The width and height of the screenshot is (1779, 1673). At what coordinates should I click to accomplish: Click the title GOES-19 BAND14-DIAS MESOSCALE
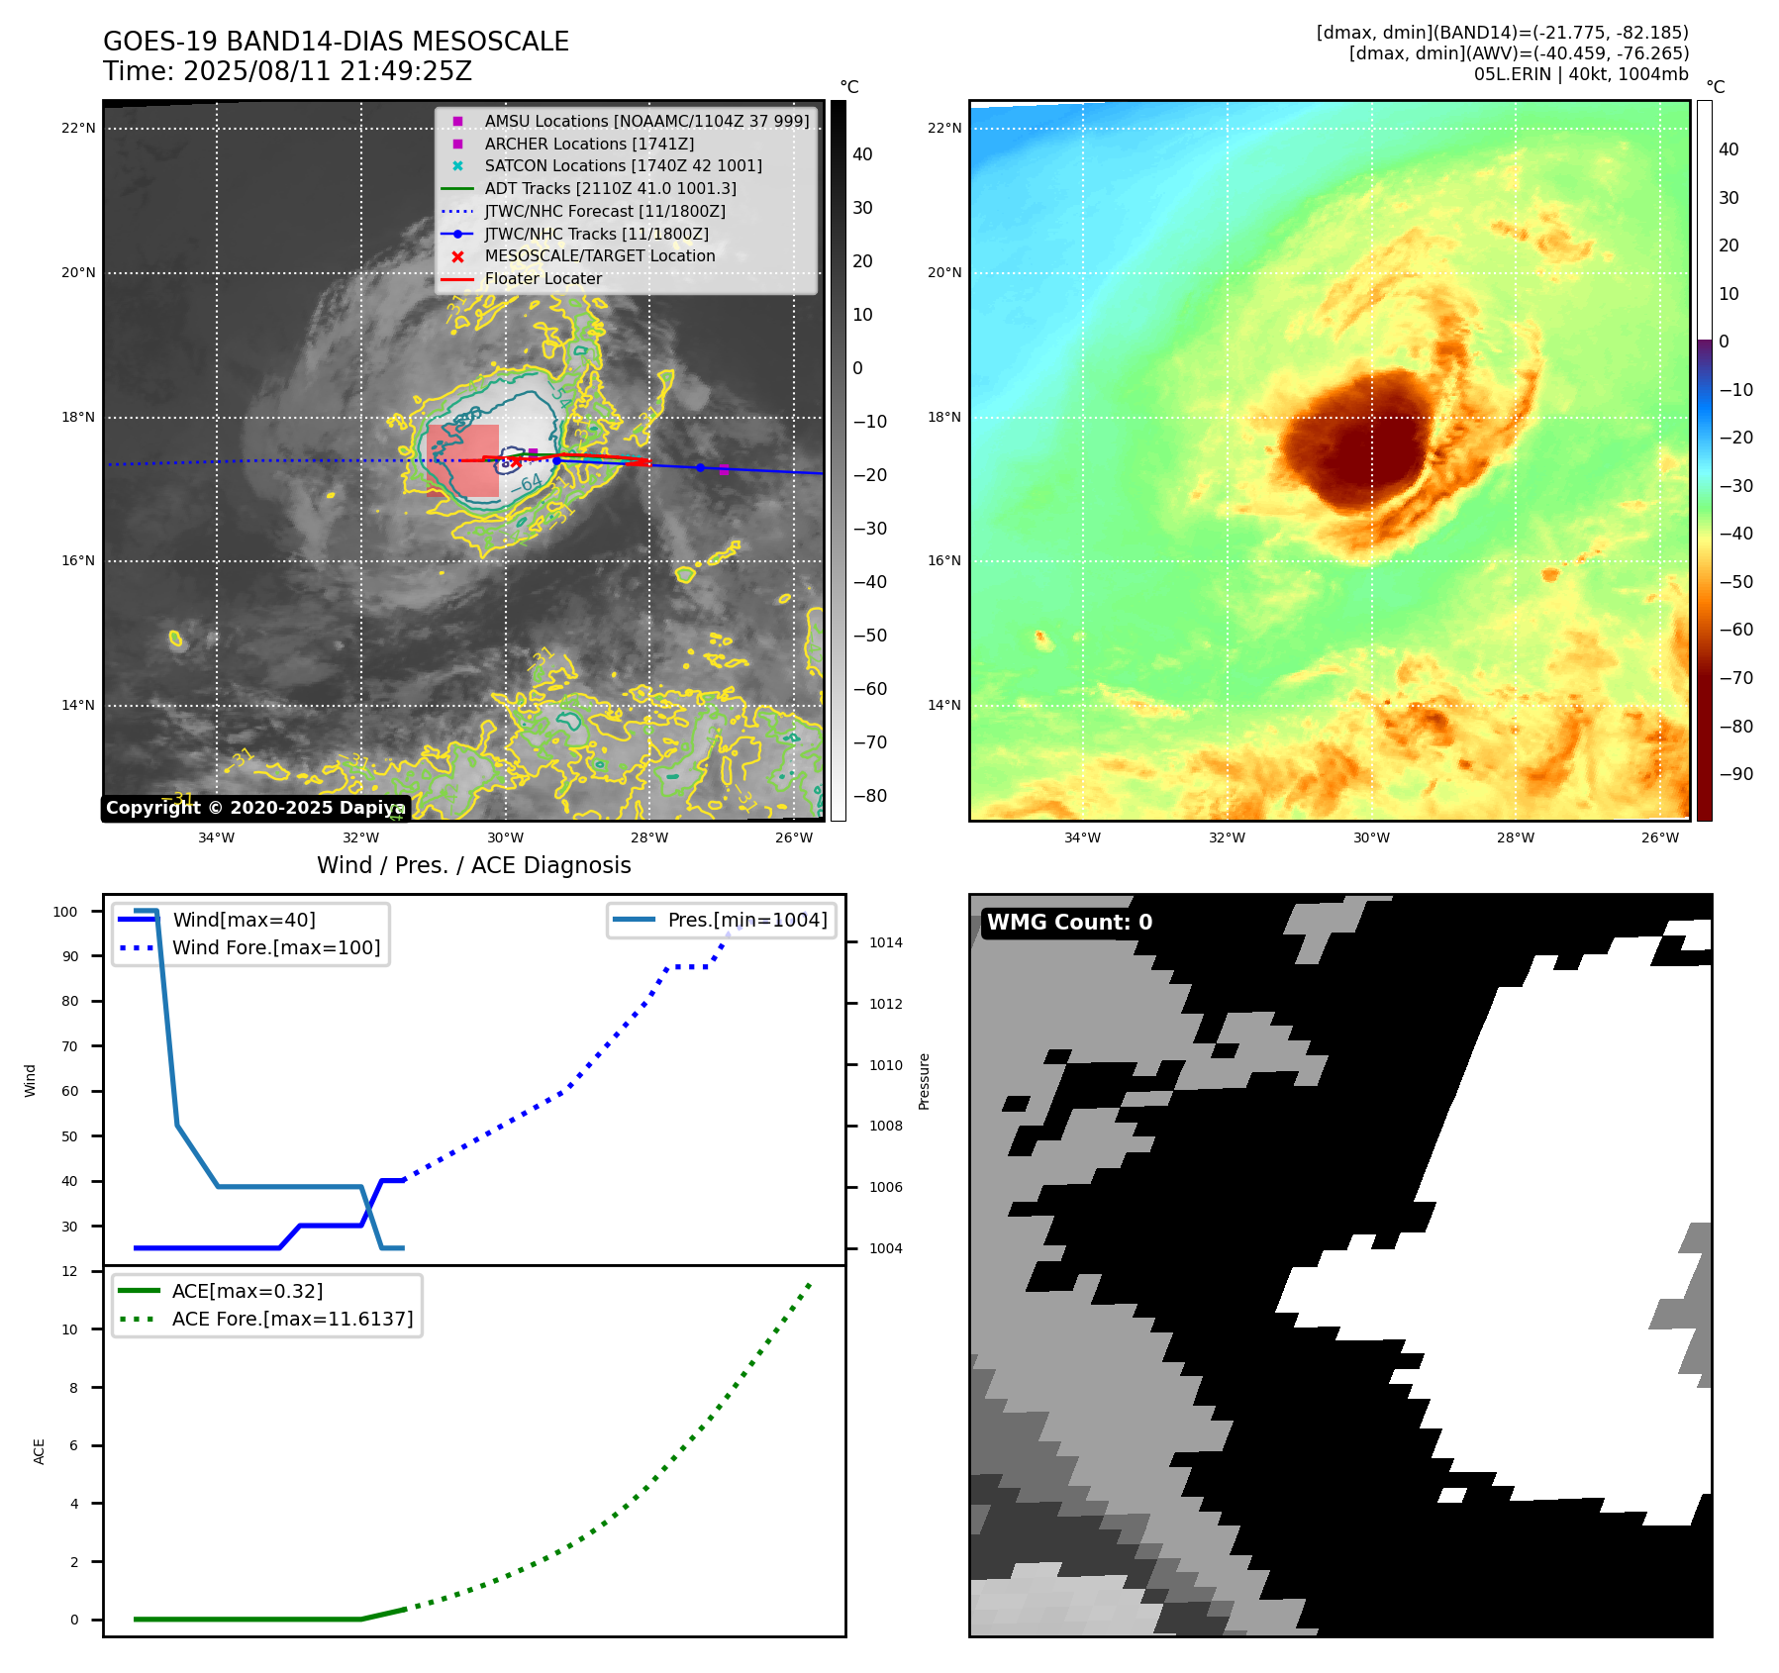(336, 42)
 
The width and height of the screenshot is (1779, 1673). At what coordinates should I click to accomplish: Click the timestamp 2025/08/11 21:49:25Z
(327, 72)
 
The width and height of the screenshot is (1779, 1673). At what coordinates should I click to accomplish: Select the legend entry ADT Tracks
(610, 188)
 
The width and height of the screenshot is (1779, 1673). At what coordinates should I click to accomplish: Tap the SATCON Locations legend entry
(623, 165)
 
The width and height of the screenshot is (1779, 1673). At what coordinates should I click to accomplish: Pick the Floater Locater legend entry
(543, 279)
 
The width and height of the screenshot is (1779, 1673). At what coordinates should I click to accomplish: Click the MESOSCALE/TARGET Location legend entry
(599, 256)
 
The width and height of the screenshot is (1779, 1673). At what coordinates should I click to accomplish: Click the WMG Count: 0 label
(1069, 923)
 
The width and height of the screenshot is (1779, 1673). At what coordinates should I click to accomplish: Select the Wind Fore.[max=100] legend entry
(276, 947)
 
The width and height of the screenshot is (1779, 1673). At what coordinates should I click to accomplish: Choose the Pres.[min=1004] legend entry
(746, 920)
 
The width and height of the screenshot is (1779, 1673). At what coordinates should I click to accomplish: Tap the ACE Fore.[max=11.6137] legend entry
(292, 1319)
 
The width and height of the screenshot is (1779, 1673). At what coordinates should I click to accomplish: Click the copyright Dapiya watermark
(255, 808)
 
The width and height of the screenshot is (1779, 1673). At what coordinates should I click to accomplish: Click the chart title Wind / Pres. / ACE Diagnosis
(473, 865)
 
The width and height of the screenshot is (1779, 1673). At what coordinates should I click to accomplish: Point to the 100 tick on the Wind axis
(65, 912)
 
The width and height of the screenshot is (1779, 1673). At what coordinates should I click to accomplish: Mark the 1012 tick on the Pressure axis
(886, 1004)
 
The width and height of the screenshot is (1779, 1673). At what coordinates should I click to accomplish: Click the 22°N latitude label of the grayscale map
(78, 129)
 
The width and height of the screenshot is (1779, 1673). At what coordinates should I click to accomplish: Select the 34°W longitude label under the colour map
(1082, 837)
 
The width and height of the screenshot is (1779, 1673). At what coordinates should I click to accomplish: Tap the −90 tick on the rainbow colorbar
(1735, 774)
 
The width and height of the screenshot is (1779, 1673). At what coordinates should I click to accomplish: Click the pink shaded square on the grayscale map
(463, 460)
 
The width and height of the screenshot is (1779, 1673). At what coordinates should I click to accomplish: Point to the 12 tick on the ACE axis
(69, 1271)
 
